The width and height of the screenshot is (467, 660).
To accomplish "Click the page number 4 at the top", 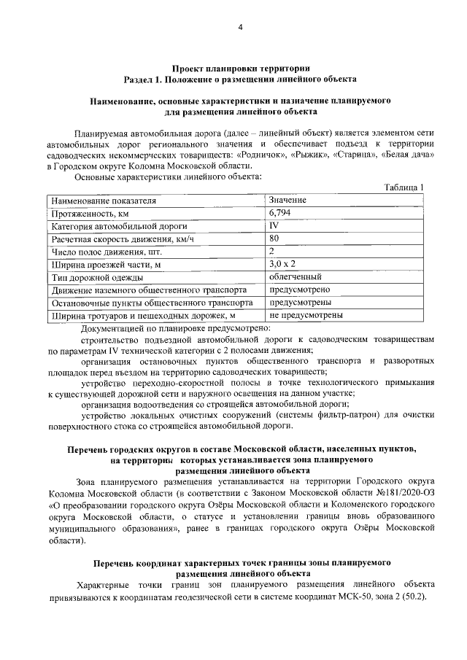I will pyautogui.click(x=239, y=28).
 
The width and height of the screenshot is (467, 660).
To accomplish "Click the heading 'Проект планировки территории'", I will pyautogui.click(x=239, y=66).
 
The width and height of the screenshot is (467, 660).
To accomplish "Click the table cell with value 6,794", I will pyautogui.click(x=281, y=213).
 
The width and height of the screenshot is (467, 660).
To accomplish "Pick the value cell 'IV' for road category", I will pyautogui.click(x=274, y=226).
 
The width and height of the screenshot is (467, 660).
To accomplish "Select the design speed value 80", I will pyautogui.click(x=274, y=238).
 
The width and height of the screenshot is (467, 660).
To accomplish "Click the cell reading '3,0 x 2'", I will pyautogui.click(x=282, y=264).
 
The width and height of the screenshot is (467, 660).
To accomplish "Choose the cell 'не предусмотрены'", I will pyautogui.click(x=306, y=316).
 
